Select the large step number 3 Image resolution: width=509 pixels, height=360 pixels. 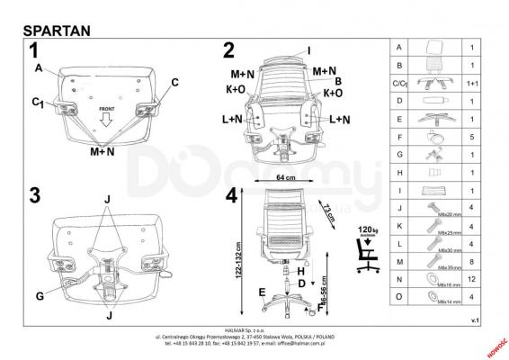click(x=33, y=195)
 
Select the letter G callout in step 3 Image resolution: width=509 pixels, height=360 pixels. click(x=39, y=295)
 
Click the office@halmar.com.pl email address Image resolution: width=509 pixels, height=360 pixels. click(x=312, y=343)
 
